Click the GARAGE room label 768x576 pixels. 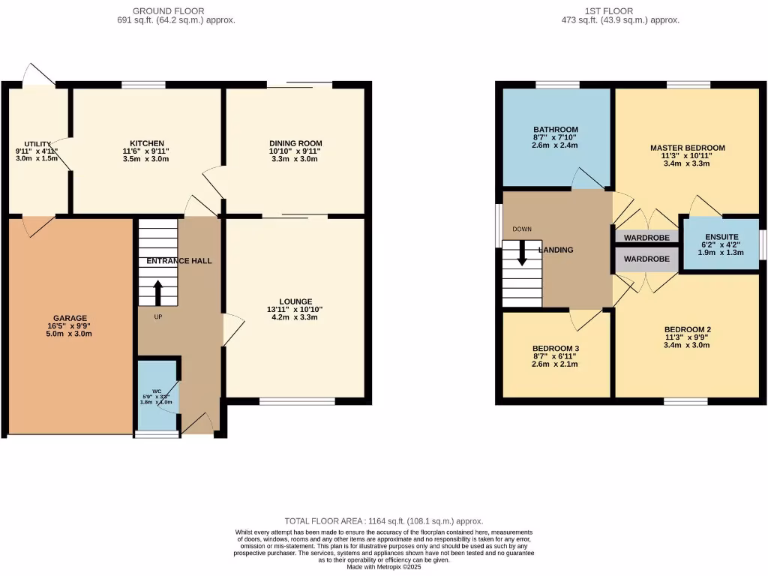tap(70, 318)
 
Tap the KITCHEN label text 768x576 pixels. tap(147, 143)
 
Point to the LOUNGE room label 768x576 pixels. tap(295, 301)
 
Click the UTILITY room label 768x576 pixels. tap(37, 143)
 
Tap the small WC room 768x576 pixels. tap(157, 396)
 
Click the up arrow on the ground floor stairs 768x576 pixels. tap(157, 292)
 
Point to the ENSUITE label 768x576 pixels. tap(721, 236)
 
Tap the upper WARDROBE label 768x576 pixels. tap(646, 236)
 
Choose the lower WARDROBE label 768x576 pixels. tap(646, 259)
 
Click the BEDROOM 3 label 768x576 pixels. tap(556, 349)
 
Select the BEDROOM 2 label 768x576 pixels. tap(687, 329)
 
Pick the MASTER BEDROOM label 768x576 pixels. tap(687, 148)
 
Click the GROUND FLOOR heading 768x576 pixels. tap(160, 10)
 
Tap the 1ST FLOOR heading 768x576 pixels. tap(609, 10)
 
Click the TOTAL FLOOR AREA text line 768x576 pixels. tap(383, 520)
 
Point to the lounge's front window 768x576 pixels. tap(297, 402)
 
